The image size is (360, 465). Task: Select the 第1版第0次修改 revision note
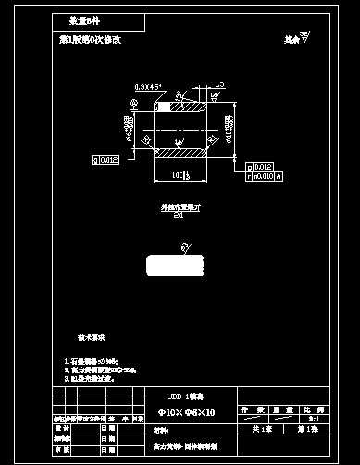coord(91,40)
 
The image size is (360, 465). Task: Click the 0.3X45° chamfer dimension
coord(147,86)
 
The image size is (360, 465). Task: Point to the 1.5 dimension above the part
coord(218,85)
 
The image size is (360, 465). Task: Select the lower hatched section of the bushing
coord(181,152)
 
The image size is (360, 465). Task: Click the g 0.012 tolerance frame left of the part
coord(106,160)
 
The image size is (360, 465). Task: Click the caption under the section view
coord(180,209)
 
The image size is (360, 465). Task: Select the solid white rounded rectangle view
coord(175,266)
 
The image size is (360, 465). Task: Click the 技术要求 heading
coord(91,337)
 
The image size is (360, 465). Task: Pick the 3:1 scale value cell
coord(317,419)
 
